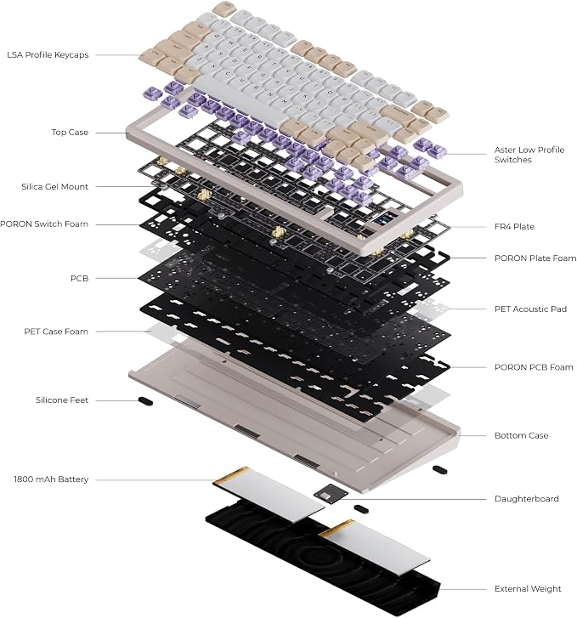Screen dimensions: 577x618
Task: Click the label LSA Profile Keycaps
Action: tap(48, 54)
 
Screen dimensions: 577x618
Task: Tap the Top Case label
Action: tap(70, 133)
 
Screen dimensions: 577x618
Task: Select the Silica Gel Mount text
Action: tap(54, 186)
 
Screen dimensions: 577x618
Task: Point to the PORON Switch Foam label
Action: tap(44, 224)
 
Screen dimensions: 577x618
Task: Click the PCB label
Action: tap(79, 278)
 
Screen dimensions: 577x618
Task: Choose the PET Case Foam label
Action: tap(56, 332)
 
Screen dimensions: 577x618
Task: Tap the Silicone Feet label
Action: tap(62, 400)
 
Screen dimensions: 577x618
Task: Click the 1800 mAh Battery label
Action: tap(51, 479)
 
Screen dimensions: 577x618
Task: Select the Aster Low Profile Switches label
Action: tap(529, 155)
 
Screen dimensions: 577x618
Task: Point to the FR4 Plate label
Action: tap(514, 227)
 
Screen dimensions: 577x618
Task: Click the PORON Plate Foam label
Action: tap(535, 258)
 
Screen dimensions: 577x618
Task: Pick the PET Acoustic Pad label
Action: tap(530, 309)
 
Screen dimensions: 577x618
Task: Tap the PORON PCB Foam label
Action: tap(534, 367)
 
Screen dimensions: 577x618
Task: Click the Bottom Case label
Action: tap(521, 435)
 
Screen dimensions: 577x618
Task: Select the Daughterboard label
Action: tap(527, 499)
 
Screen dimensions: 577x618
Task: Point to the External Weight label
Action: tap(528, 589)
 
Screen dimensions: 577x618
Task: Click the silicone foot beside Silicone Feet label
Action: tap(145, 401)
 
